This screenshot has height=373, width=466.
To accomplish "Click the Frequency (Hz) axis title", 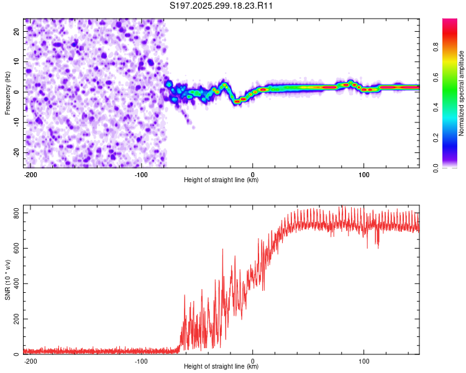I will click(x=7, y=93).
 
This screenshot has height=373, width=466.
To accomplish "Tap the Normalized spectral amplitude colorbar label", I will click(x=462, y=94).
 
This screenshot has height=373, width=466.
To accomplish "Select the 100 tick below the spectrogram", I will click(x=363, y=174).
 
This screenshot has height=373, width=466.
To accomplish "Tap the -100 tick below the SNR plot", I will click(x=141, y=361).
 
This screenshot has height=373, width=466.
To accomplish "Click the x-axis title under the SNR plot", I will click(x=221, y=367).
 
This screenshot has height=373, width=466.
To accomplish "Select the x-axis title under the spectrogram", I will click(x=221, y=180).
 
